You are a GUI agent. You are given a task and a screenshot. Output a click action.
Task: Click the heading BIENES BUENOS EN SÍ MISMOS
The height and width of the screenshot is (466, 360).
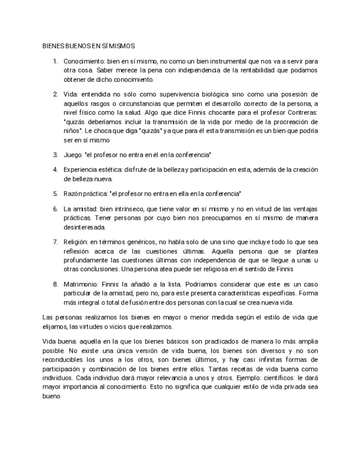[88, 47]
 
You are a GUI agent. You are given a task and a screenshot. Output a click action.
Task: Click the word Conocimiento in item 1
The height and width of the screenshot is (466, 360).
[84, 61]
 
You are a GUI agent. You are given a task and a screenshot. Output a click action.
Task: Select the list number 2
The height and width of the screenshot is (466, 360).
[56, 94]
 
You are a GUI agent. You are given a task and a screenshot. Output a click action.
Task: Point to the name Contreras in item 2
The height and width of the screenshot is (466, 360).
[300, 113]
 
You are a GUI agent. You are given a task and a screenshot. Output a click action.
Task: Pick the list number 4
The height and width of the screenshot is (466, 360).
[56, 169]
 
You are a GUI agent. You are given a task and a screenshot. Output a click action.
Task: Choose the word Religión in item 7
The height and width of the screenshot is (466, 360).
[75, 241]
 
